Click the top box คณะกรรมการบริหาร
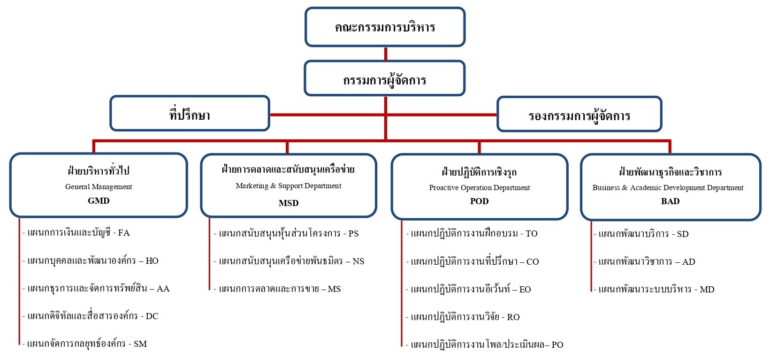point(385,27)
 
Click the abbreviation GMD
point(99,201)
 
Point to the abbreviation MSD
point(289,203)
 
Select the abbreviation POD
point(479,201)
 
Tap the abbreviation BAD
point(670,201)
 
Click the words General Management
point(99,187)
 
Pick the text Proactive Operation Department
point(479,188)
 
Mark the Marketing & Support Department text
point(289,186)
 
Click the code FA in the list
point(124,233)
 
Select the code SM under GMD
point(140,344)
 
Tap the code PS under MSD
point(353,234)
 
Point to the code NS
point(358,261)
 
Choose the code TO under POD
point(531,234)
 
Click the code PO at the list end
point(557,345)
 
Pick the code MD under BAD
point(707,290)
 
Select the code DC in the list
point(152,316)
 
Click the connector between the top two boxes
point(386,54)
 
